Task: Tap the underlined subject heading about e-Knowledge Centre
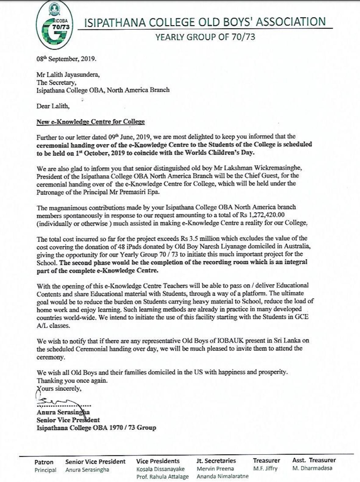coord(91,122)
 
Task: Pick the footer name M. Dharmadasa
coord(312,468)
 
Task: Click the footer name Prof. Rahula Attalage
coord(162,476)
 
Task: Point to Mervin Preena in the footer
coord(215,469)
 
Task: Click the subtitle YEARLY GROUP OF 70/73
coord(205,37)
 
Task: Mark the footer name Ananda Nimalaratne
coord(223,476)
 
